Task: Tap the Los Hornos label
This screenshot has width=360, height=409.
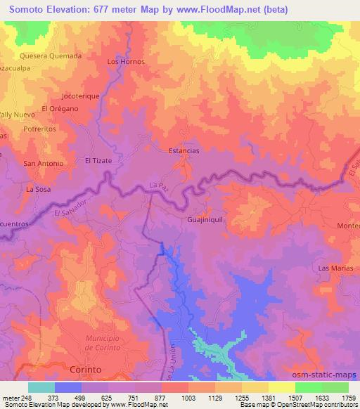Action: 125,61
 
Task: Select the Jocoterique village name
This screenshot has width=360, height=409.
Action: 80,94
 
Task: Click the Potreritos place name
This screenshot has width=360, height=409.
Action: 39,130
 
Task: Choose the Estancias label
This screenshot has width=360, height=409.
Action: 185,151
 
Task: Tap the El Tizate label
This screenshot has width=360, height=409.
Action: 99,160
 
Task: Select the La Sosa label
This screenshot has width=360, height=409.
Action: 39,190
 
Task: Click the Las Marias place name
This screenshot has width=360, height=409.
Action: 334,268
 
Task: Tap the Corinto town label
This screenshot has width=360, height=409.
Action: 86,369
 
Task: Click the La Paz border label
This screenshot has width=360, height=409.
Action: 160,186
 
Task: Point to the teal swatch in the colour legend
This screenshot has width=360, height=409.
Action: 41,387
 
